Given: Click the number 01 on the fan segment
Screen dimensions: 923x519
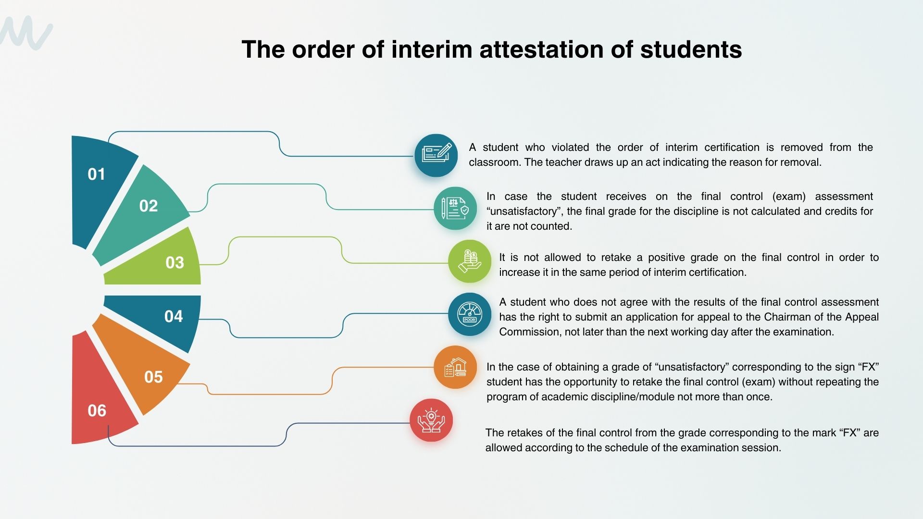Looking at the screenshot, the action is [96, 174].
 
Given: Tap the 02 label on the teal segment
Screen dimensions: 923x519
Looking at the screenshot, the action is [149, 206].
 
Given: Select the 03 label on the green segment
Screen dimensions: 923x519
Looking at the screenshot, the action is [175, 262].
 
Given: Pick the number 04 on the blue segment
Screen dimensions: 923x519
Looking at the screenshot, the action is [174, 316].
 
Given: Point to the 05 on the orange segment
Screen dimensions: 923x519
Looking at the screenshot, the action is [153, 377].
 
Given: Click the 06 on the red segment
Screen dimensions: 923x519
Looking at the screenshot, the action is [97, 410].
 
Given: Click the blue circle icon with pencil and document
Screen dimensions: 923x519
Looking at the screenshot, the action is [436, 155].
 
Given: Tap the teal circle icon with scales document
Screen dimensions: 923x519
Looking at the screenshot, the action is [455, 208].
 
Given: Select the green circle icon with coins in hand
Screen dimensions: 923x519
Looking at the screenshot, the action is [470, 261].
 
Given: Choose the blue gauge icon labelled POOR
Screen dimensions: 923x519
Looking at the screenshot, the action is [470, 314].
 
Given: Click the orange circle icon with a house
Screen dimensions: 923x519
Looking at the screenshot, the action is [455, 367].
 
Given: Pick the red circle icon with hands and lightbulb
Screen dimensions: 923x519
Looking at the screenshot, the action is [431, 420].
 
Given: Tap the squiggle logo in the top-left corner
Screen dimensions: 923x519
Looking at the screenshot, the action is [26, 33].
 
